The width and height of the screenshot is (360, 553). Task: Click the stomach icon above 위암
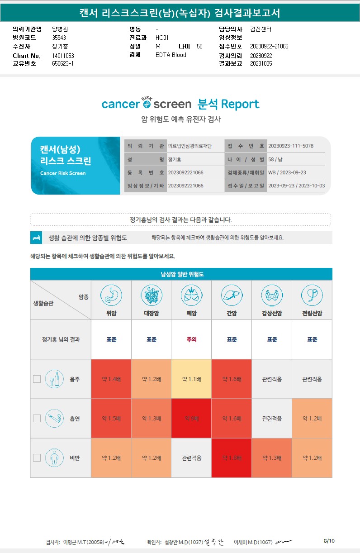tap(111, 295)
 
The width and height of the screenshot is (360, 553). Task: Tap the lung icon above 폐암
tap(191, 295)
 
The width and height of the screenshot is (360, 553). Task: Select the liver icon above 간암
tap(231, 295)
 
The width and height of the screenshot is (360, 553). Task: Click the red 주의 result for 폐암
tap(191, 339)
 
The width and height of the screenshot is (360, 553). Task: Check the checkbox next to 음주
tap(37, 379)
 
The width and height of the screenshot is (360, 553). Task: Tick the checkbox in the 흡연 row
tap(37, 418)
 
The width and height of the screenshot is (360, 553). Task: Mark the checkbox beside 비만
tap(37, 458)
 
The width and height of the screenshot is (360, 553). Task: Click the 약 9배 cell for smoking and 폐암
tap(191, 419)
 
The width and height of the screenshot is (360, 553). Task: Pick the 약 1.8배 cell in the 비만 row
tap(231, 458)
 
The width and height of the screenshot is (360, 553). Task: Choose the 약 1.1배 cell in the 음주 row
tap(191, 379)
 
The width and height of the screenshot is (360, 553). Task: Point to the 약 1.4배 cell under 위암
tap(111, 379)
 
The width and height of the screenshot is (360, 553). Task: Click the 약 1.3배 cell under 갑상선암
tap(271, 458)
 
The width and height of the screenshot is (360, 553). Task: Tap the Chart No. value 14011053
tap(63, 56)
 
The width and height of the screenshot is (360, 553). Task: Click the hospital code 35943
tap(59, 38)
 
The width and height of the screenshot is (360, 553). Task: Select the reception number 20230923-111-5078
tap(291, 146)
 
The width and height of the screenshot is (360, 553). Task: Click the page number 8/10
tap(329, 541)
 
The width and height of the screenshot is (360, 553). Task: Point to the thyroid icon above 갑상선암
tap(271, 295)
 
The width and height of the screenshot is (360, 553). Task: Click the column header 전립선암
tap(312, 313)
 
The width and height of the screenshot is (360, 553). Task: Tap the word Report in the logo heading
tap(240, 105)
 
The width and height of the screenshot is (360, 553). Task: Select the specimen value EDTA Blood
tap(171, 55)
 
